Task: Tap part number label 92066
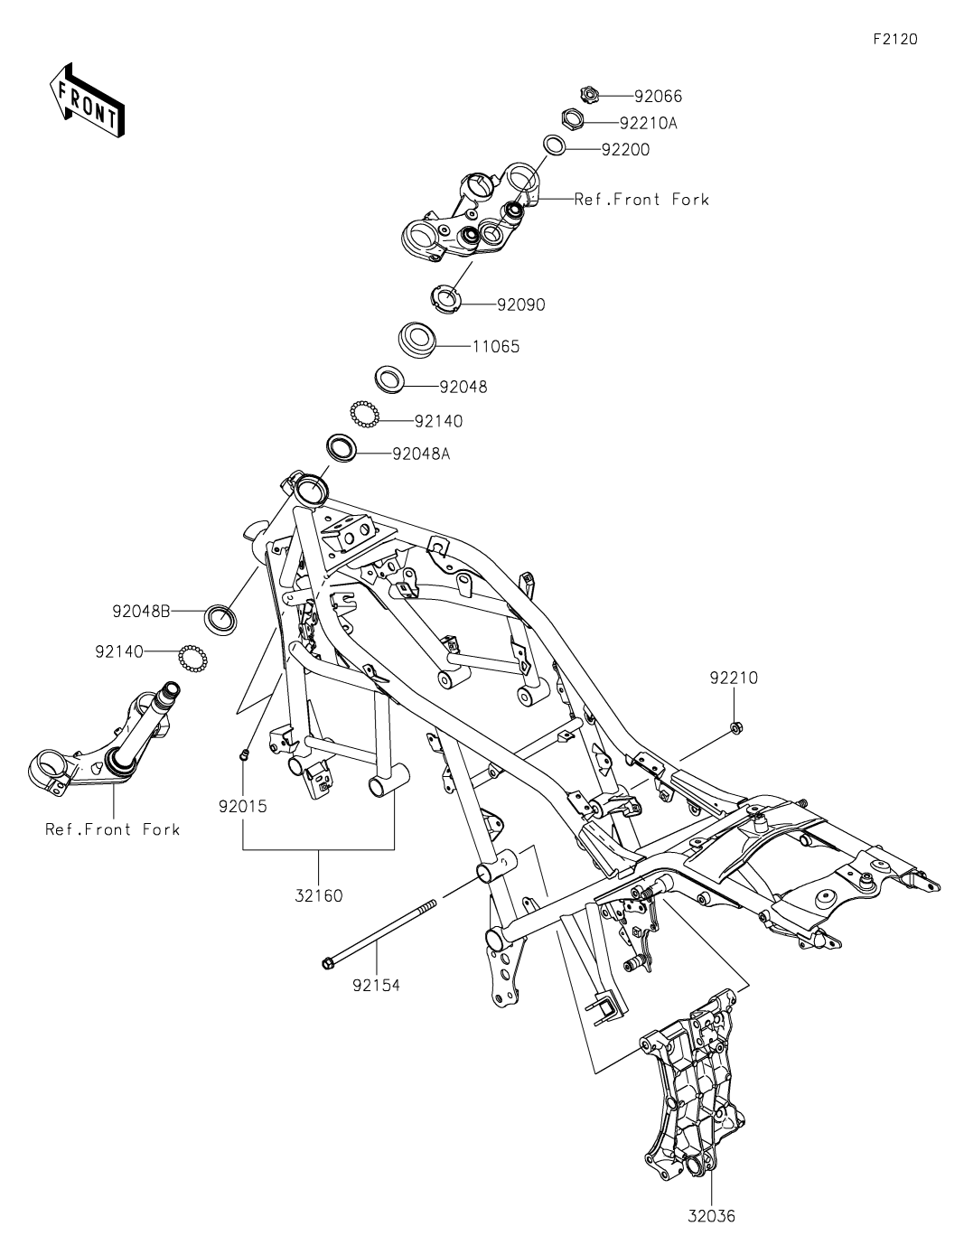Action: pos(658,96)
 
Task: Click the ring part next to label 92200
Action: pos(557,145)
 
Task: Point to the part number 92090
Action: pos(520,305)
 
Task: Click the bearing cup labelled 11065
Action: pos(418,340)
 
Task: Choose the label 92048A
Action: pos(421,454)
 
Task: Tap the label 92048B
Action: pos(141,611)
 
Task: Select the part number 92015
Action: pos(242,806)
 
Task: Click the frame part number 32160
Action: pos(318,896)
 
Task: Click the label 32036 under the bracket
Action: pos(710,1216)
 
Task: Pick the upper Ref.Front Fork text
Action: pos(641,200)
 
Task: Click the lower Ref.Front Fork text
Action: pos(113,829)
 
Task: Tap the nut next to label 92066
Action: pos(587,94)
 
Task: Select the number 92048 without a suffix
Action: pos(463,387)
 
